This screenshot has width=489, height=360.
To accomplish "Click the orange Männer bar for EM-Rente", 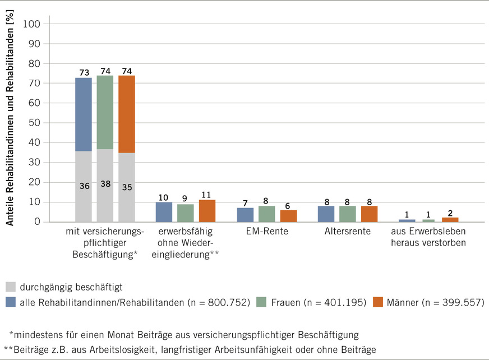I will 288,216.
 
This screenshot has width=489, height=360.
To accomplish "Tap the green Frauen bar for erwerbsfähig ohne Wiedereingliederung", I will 186,213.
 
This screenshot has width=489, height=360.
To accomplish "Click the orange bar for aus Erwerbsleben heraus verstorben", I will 450,220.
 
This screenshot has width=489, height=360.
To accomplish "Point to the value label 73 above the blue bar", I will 84,72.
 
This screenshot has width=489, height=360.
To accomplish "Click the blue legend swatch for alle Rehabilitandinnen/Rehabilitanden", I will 10,302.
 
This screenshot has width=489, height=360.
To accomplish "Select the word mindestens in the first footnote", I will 38,335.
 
